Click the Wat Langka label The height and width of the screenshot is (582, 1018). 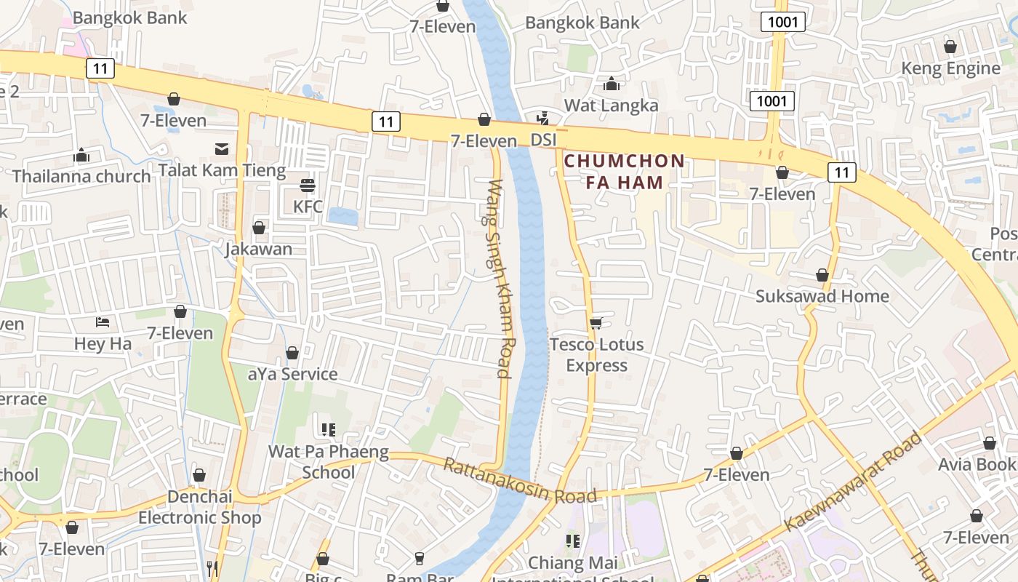tap(611, 105)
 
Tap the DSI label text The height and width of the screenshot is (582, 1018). tap(543, 139)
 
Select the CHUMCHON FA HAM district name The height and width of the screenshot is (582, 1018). tap(625, 172)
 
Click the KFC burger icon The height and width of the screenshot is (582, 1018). tap(308, 186)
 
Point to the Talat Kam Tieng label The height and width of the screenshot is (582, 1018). tap(222, 171)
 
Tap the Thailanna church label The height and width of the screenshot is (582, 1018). tap(81, 176)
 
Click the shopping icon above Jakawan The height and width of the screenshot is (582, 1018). tap(258, 228)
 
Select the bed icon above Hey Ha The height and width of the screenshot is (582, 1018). tap(103, 322)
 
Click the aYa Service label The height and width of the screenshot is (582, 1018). tap(292, 374)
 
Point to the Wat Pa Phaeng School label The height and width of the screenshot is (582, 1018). tap(329, 462)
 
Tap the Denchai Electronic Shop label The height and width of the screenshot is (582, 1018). tap(199, 507)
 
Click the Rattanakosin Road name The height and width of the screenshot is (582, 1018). tap(520, 481)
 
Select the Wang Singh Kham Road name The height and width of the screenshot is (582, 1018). tap(500, 279)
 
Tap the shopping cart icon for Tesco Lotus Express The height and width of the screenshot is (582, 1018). tap(596, 323)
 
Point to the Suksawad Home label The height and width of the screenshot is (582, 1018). tap(822, 296)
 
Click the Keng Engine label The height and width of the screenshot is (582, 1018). tap(950, 68)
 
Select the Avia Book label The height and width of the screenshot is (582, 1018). tap(977, 464)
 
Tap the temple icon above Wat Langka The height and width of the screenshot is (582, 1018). tap(611, 84)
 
